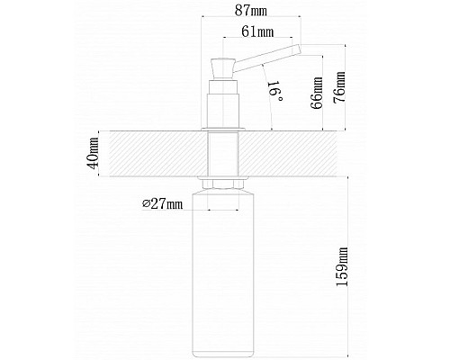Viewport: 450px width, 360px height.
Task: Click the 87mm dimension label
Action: (251, 11)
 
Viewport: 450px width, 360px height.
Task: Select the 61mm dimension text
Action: (257, 31)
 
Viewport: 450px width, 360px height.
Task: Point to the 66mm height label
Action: (317, 93)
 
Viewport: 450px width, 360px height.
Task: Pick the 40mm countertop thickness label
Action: (93, 153)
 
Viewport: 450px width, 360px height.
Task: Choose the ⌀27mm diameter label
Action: (162, 204)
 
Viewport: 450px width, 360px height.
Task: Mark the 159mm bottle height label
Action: (342, 266)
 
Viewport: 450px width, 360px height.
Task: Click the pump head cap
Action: (223, 68)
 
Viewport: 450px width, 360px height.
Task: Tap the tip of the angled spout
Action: (300, 49)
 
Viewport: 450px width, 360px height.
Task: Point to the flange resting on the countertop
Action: (223, 130)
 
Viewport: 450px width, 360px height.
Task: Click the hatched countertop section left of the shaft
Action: (158, 154)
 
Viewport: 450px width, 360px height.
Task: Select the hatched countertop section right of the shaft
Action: (287, 154)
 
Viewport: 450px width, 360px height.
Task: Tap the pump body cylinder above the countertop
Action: (223, 111)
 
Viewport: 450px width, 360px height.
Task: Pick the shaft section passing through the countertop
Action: (223, 154)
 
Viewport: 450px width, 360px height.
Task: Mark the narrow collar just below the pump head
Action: (223, 86)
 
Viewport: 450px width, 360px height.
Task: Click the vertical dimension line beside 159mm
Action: (347, 266)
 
